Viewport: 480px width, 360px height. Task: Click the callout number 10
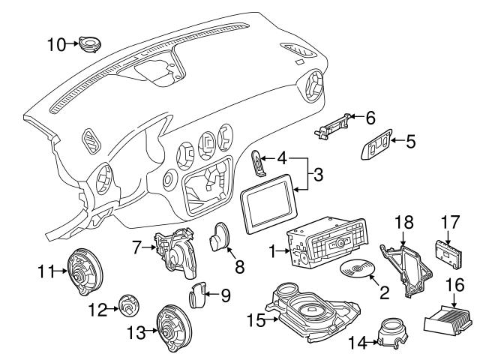pyautogui.click(x=56, y=44)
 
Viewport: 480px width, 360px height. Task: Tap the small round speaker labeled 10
pyautogui.click(x=91, y=43)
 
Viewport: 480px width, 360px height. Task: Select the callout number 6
pyautogui.click(x=370, y=117)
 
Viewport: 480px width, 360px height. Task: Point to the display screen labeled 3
pyautogui.click(x=271, y=203)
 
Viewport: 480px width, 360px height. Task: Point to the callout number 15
pyautogui.click(x=256, y=320)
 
